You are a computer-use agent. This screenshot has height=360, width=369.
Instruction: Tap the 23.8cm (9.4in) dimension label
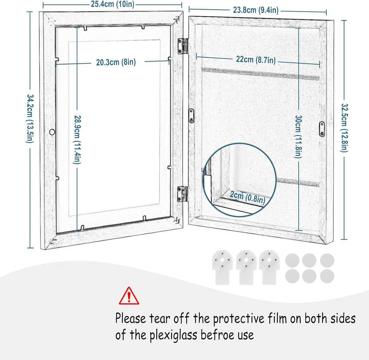tap(256, 10)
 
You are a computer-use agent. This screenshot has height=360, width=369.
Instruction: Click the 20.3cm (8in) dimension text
tap(116, 62)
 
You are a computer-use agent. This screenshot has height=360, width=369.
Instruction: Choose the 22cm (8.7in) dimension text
tap(256, 60)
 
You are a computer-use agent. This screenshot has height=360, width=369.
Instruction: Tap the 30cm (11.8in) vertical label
tap(298, 138)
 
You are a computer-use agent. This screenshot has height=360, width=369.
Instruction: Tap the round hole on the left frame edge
tap(52, 132)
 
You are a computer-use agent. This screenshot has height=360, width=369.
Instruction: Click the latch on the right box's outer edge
tap(322, 128)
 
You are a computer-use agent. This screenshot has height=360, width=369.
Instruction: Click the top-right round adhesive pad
tap(327, 260)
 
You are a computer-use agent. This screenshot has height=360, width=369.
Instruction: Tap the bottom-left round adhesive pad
tap(292, 276)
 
